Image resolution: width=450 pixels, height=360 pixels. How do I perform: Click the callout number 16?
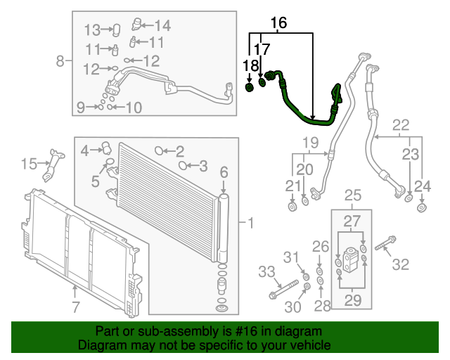(x=279, y=23)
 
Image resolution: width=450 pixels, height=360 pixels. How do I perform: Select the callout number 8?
(x=60, y=60)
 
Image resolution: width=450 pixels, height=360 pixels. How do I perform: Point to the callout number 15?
(x=29, y=165)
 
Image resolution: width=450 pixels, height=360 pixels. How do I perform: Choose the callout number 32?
(x=400, y=264)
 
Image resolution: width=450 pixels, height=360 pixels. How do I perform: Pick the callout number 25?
(x=352, y=194)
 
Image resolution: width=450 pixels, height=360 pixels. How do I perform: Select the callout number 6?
(x=224, y=172)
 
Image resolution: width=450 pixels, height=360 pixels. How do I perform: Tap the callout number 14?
(x=162, y=27)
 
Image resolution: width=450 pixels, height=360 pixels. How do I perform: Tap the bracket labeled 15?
(x=51, y=166)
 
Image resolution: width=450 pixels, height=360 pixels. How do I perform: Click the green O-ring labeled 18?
(x=251, y=87)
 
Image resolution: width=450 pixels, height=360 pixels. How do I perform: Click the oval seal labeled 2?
(x=159, y=150)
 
